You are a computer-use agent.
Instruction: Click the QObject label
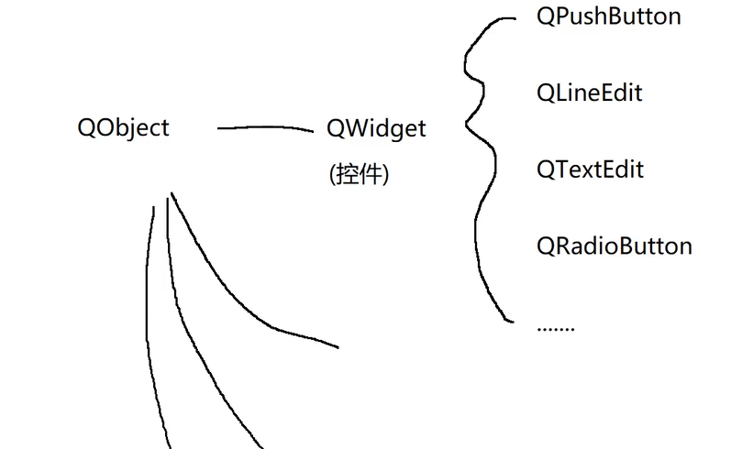click(124, 127)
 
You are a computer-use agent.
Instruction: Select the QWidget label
click(376, 128)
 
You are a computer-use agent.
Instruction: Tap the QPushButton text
click(608, 16)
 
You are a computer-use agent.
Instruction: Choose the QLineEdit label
click(589, 93)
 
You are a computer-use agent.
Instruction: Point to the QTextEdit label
click(590, 170)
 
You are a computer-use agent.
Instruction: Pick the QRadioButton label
click(614, 246)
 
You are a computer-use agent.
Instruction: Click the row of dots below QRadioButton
click(555, 327)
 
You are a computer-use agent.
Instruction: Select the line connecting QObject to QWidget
click(266, 128)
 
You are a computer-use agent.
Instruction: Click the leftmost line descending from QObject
click(151, 321)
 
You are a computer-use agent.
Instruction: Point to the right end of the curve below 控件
click(337, 347)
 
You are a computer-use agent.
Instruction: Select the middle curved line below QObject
click(197, 348)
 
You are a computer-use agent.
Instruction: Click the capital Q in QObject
click(88, 127)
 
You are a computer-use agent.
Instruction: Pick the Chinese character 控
click(347, 174)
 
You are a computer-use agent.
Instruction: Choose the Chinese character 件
click(371, 174)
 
